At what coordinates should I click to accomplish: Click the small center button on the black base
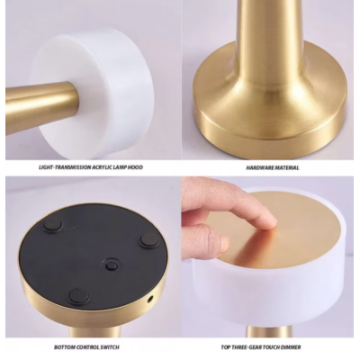point(110,264)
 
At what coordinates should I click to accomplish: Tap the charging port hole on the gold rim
point(150,296)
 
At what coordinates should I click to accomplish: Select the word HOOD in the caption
point(134,166)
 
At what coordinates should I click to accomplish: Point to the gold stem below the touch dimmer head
point(269,331)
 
